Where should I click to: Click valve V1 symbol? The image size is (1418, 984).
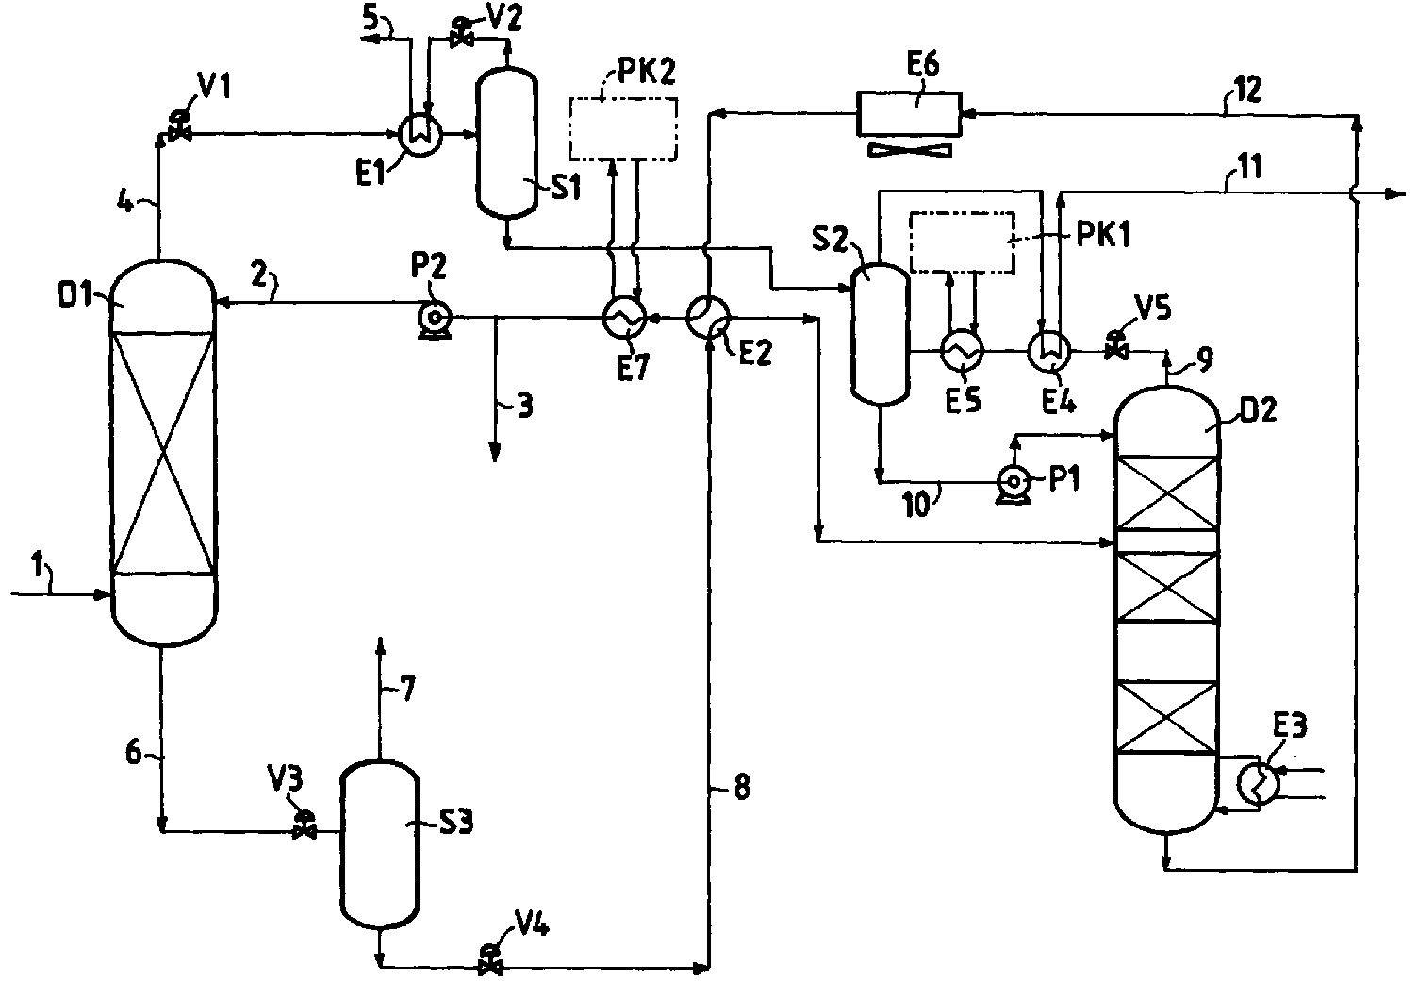click(179, 126)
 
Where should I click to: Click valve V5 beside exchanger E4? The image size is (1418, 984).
click(1115, 345)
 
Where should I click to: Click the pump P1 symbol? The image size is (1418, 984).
click(1014, 484)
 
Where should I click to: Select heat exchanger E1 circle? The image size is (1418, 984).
click(420, 135)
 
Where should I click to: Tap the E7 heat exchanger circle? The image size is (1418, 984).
click(624, 317)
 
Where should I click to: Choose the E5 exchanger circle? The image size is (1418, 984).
click(962, 350)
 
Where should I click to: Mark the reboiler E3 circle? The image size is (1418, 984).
click(1258, 784)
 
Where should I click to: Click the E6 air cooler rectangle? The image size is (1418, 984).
click(909, 113)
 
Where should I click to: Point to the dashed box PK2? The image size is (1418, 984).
click(623, 128)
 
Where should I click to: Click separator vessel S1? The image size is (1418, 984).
click(506, 142)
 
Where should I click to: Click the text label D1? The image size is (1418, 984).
click(75, 295)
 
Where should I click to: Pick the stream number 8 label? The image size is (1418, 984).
click(741, 788)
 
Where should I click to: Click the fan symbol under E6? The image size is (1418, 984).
click(909, 150)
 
